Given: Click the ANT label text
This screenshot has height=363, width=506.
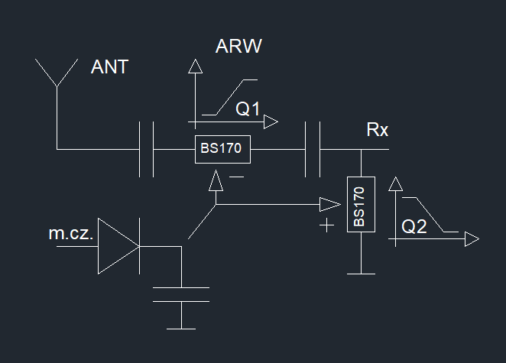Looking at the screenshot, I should coord(109,67).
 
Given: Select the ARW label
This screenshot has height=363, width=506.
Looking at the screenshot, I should coord(239,47).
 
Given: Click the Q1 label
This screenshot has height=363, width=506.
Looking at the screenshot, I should coord(248,109).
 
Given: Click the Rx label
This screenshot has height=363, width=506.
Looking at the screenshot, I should coord(378,130).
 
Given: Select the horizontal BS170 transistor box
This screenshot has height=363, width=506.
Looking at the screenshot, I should coord(222,149).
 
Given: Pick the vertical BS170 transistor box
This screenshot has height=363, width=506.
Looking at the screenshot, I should coord(360,204).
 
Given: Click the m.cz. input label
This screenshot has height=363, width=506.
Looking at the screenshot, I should coord(71,235).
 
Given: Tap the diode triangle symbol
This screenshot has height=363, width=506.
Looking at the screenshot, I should coord(117,246).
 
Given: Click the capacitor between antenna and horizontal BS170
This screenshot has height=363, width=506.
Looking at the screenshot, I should coord(147,149).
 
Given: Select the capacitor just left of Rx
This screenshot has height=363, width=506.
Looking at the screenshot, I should coord(312,149).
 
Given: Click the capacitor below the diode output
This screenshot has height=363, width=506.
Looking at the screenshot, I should coord(181,295).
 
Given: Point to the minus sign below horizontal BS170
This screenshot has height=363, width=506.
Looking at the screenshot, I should coord(237,177).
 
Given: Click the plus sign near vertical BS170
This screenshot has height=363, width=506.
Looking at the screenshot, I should coord(328,225).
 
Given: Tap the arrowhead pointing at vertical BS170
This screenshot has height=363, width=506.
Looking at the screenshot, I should coord(329,204).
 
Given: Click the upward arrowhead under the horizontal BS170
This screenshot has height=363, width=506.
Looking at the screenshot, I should coord(216,180).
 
